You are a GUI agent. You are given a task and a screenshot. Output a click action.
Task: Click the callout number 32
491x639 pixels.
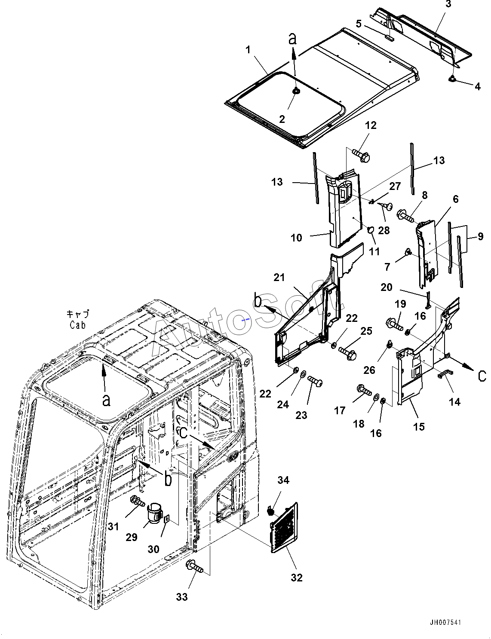click(x=297, y=578)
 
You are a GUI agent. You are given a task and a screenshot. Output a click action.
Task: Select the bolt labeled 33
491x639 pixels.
click(x=194, y=566)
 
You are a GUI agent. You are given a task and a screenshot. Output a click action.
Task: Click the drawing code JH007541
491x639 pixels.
click(x=445, y=623)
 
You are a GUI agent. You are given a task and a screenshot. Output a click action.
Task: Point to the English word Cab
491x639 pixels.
click(x=78, y=325)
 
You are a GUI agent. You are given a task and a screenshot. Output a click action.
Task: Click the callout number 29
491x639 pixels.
click(x=132, y=537)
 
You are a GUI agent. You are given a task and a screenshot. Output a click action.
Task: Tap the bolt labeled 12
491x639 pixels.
click(x=361, y=155)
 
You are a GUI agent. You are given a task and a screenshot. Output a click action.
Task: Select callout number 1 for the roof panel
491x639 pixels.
click(x=248, y=50)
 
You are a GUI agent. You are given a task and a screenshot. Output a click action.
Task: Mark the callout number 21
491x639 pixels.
click(x=279, y=277)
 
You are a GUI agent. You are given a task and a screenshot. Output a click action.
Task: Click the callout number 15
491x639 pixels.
click(x=419, y=426)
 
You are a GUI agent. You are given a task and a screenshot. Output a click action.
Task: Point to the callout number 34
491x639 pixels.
click(x=283, y=480)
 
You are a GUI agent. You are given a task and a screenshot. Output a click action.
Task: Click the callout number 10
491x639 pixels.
click(x=296, y=238)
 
